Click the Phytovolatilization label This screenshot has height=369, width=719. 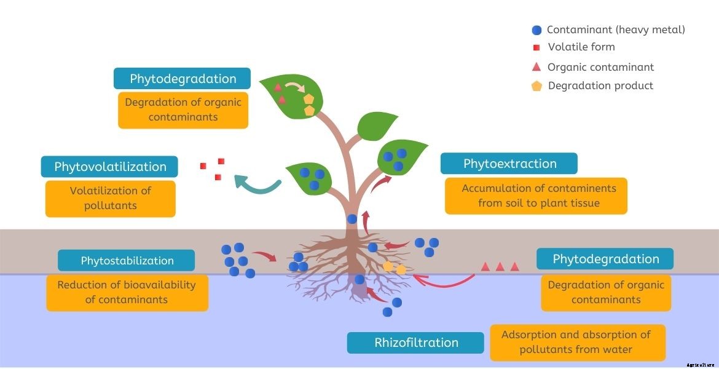[109, 167]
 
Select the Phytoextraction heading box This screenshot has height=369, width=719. [509, 164]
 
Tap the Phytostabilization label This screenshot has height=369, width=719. [127, 261]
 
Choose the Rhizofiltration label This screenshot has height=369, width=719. [416, 343]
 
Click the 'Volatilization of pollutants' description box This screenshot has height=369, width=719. [110, 198]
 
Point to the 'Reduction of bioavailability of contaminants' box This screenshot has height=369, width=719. [127, 292]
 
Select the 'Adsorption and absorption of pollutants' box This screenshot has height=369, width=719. [577, 342]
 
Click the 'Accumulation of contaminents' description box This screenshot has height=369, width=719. [536, 196]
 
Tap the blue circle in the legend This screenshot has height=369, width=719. [536, 30]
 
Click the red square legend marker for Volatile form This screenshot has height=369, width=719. [536, 47]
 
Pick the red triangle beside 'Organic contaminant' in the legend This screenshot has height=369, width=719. [536, 67]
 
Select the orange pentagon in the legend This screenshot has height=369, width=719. [536, 86]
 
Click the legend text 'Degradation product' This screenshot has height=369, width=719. [600, 86]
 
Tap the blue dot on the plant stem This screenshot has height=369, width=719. [352, 219]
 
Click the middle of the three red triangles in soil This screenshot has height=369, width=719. [500, 267]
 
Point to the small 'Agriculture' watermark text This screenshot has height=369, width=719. [701, 365]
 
